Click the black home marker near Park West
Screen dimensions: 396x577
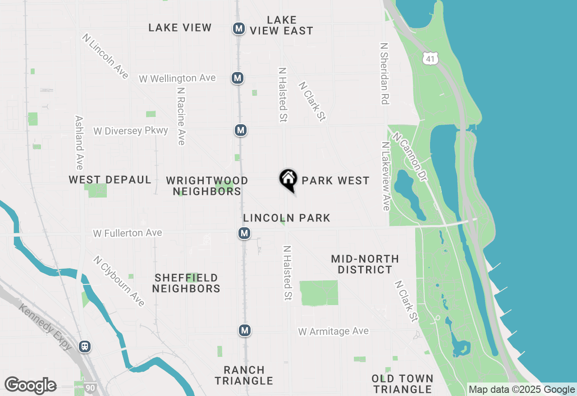click(288, 180)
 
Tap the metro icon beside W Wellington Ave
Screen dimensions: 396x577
click(238, 78)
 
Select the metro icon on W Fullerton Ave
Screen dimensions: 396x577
click(244, 233)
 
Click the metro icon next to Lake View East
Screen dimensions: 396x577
click(239, 28)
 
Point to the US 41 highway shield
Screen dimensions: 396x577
click(430, 58)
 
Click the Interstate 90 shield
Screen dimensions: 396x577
click(90, 387)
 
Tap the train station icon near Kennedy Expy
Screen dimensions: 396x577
click(84, 346)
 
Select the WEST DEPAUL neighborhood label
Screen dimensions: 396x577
click(110, 180)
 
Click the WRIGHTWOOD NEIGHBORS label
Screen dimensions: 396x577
click(207, 186)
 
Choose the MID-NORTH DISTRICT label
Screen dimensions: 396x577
click(365, 264)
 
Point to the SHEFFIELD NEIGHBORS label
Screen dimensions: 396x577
click(186, 283)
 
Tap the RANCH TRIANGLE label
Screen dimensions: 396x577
click(244, 375)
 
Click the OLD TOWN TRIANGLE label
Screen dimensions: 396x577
click(403, 384)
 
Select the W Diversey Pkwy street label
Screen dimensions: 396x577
click(131, 131)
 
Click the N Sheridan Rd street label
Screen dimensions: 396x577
click(384, 74)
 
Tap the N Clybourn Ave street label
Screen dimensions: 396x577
click(119, 281)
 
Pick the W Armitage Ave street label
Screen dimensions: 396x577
click(333, 332)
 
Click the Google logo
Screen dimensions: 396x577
click(30, 385)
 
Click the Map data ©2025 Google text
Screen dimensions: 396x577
click(522, 390)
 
